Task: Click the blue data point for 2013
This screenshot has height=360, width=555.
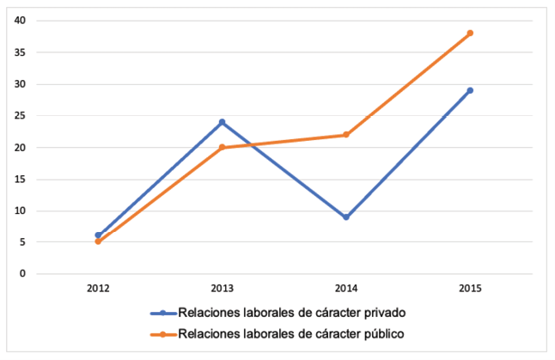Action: coord(222,122)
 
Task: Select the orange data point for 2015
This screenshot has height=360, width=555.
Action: coord(470,34)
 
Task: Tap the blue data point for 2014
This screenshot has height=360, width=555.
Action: coord(345,217)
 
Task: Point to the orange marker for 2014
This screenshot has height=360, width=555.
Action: coord(345,135)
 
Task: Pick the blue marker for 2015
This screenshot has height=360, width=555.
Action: coord(470,90)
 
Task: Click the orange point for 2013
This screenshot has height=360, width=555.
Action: coord(222,148)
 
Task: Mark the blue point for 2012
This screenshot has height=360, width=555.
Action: coord(98,235)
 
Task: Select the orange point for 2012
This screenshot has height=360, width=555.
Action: coord(98,242)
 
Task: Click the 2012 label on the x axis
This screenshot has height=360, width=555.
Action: coord(98,289)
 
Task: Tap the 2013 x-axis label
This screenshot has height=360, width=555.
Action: coord(222,289)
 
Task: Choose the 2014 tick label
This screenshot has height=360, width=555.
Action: coord(345,289)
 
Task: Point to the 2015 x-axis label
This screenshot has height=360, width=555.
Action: coord(470,289)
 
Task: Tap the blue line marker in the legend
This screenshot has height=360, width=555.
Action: coord(162,313)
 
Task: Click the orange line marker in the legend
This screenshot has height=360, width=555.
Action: coord(162,333)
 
